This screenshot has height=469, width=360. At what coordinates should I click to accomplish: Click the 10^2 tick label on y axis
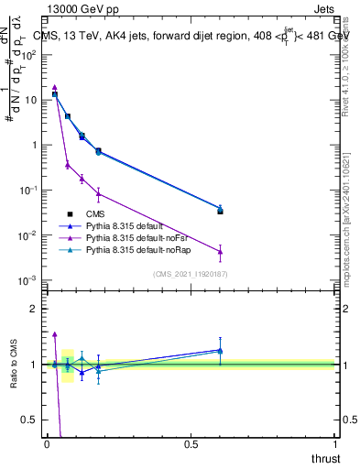point(29,54)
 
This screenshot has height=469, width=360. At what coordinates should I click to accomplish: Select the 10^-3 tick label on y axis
point(29,280)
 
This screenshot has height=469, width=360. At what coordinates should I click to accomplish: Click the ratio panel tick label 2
point(34,309)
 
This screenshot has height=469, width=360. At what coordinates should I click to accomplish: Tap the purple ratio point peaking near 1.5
point(55,334)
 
